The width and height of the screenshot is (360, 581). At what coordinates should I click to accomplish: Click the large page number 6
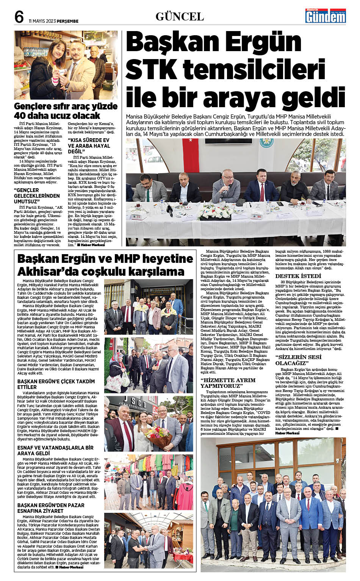click(x=19, y=17)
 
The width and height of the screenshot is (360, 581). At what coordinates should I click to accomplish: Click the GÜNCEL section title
click(x=180, y=17)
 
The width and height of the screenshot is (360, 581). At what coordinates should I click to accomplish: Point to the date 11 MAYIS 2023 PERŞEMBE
click(x=53, y=21)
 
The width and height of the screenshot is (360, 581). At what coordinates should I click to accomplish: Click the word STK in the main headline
click(x=152, y=69)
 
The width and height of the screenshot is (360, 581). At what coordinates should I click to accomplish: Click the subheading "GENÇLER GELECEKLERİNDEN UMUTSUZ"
click(x=37, y=195)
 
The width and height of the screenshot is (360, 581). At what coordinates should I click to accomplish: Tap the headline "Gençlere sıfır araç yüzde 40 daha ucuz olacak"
click(x=66, y=111)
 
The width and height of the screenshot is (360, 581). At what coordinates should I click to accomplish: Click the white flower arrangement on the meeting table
click(x=216, y=212)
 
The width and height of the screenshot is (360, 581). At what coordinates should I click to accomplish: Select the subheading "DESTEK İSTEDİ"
click(x=298, y=276)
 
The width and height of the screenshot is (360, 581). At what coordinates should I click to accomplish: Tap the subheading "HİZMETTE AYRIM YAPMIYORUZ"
click(x=228, y=383)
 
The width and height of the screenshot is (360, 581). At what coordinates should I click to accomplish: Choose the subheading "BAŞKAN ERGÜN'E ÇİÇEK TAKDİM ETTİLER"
click(x=56, y=384)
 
